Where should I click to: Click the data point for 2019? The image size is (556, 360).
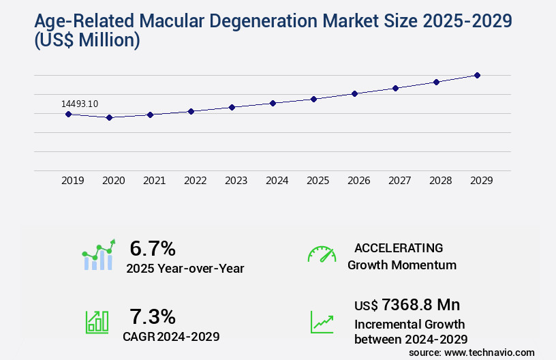[x=68, y=114]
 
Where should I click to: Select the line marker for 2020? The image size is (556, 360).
[x=109, y=117]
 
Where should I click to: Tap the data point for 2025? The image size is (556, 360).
[x=313, y=99]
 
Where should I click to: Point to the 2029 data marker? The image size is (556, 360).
[x=477, y=75]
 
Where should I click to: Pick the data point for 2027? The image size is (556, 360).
[x=395, y=88]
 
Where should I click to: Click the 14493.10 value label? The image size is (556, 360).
[x=80, y=104]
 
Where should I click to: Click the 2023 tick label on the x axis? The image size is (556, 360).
[x=236, y=181]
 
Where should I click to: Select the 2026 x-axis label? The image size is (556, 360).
[x=358, y=181]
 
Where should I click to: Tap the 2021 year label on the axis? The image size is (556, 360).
[x=154, y=181]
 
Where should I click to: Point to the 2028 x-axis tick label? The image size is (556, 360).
[x=440, y=181]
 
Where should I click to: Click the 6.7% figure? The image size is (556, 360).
[x=153, y=248]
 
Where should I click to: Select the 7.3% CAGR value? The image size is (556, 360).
[x=153, y=316]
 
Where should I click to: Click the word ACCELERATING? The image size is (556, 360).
[x=399, y=248]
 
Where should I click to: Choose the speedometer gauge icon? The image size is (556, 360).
[x=322, y=254]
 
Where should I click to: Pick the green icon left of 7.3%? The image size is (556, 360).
[x=97, y=322]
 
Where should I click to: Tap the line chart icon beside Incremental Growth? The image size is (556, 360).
[x=322, y=322]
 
